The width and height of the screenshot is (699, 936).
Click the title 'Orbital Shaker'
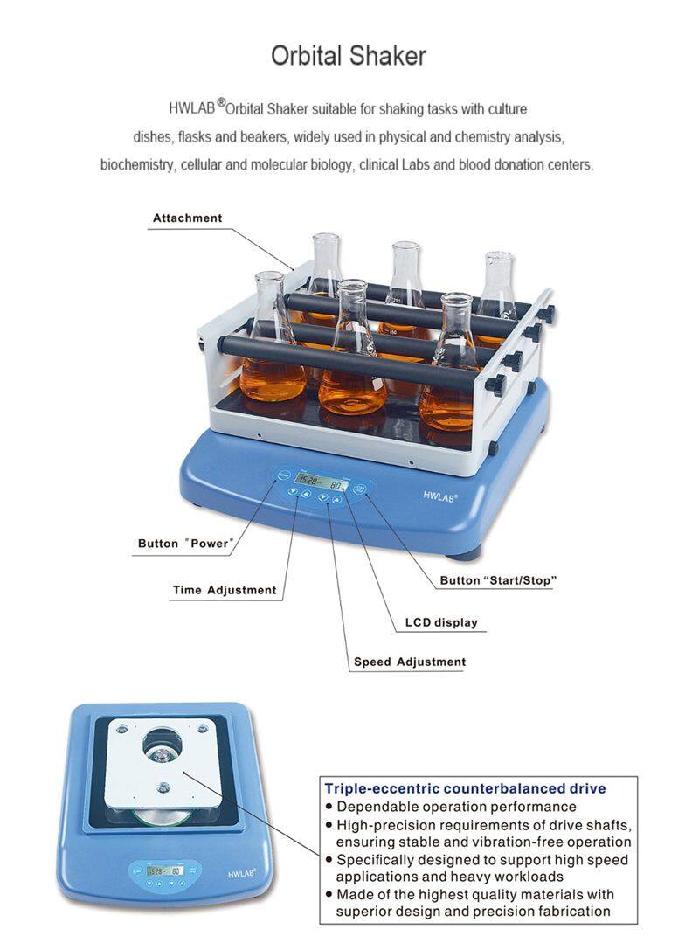tap(349, 56)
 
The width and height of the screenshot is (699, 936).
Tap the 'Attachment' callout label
tap(188, 218)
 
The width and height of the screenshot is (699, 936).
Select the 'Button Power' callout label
tap(185, 544)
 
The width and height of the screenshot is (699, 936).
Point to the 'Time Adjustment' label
tap(225, 590)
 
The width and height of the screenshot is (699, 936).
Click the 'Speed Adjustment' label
tap(410, 662)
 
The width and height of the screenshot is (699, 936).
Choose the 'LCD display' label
tap(441, 622)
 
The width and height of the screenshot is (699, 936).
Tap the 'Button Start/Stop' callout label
tap(498, 579)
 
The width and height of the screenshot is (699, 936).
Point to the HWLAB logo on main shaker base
tap(440, 496)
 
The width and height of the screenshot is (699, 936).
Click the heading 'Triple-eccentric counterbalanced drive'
tap(465, 788)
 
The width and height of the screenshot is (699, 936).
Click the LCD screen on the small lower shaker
tap(165, 870)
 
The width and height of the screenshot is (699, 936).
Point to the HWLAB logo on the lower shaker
tap(242, 873)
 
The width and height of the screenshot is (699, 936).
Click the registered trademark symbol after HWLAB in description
tap(221, 103)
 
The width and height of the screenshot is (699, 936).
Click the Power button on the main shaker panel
tap(284, 475)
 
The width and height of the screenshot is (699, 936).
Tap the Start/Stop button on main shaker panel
tap(360, 489)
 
